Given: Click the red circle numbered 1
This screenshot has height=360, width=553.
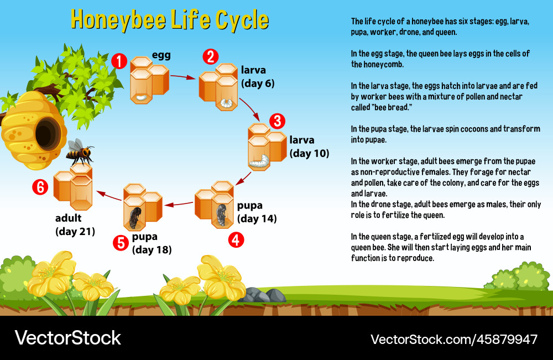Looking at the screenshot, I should click(x=119, y=60).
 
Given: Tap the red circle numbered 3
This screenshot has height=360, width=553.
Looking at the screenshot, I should click(x=278, y=121).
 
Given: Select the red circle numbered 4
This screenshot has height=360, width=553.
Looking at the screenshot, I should click(x=237, y=239).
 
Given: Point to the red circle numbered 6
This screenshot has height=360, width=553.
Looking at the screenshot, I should click(x=40, y=187).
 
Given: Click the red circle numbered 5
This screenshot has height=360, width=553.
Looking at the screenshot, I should click(x=120, y=243).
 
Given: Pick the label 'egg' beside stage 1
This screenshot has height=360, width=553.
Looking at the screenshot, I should click(x=161, y=55).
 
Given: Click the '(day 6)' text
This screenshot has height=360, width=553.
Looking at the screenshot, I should click(x=258, y=84).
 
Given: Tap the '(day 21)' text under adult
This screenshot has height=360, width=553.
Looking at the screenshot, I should click(x=75, y=231).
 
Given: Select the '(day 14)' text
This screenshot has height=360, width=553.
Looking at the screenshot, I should click(x=257, y=218).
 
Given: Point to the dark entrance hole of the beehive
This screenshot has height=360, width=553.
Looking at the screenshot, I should click(x=46, y=133).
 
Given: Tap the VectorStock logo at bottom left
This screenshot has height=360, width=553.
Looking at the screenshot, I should click(x=67, y=338).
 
